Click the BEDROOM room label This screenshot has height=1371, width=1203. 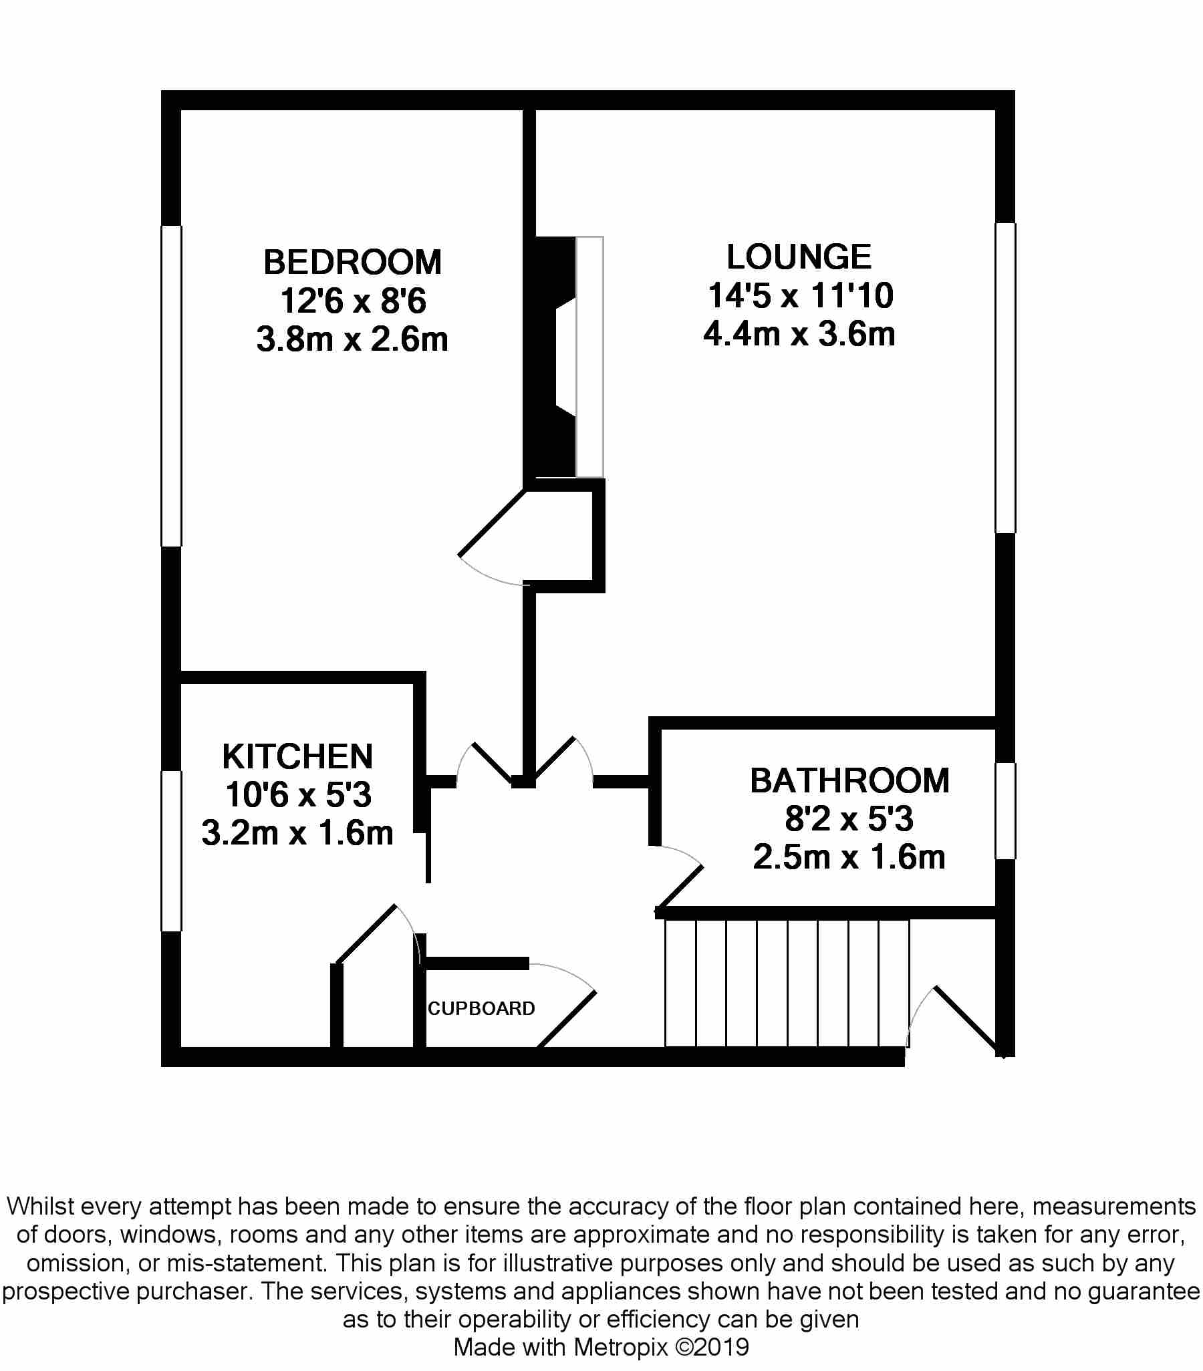click(352, 263)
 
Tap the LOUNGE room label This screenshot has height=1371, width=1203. click(799, 257)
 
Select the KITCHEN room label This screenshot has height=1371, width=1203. click(297, 756)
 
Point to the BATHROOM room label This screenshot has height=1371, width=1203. click(849, 781)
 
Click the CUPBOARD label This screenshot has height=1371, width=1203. click(481, 1008)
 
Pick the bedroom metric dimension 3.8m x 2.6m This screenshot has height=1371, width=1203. click(352, 339)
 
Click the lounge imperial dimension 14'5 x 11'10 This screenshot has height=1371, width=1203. click(801, 296)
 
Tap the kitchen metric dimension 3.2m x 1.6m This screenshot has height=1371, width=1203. click(297, 834)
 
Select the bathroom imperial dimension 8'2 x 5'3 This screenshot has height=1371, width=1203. click(849, 819)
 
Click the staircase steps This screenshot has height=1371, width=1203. click(787, 983)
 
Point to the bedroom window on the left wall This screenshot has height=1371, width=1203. click(172, 386)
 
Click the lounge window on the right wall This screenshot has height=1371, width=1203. click(1005, 377)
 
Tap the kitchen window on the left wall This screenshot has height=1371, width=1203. click(172, 851)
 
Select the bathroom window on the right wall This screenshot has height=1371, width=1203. click(1005, 810)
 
